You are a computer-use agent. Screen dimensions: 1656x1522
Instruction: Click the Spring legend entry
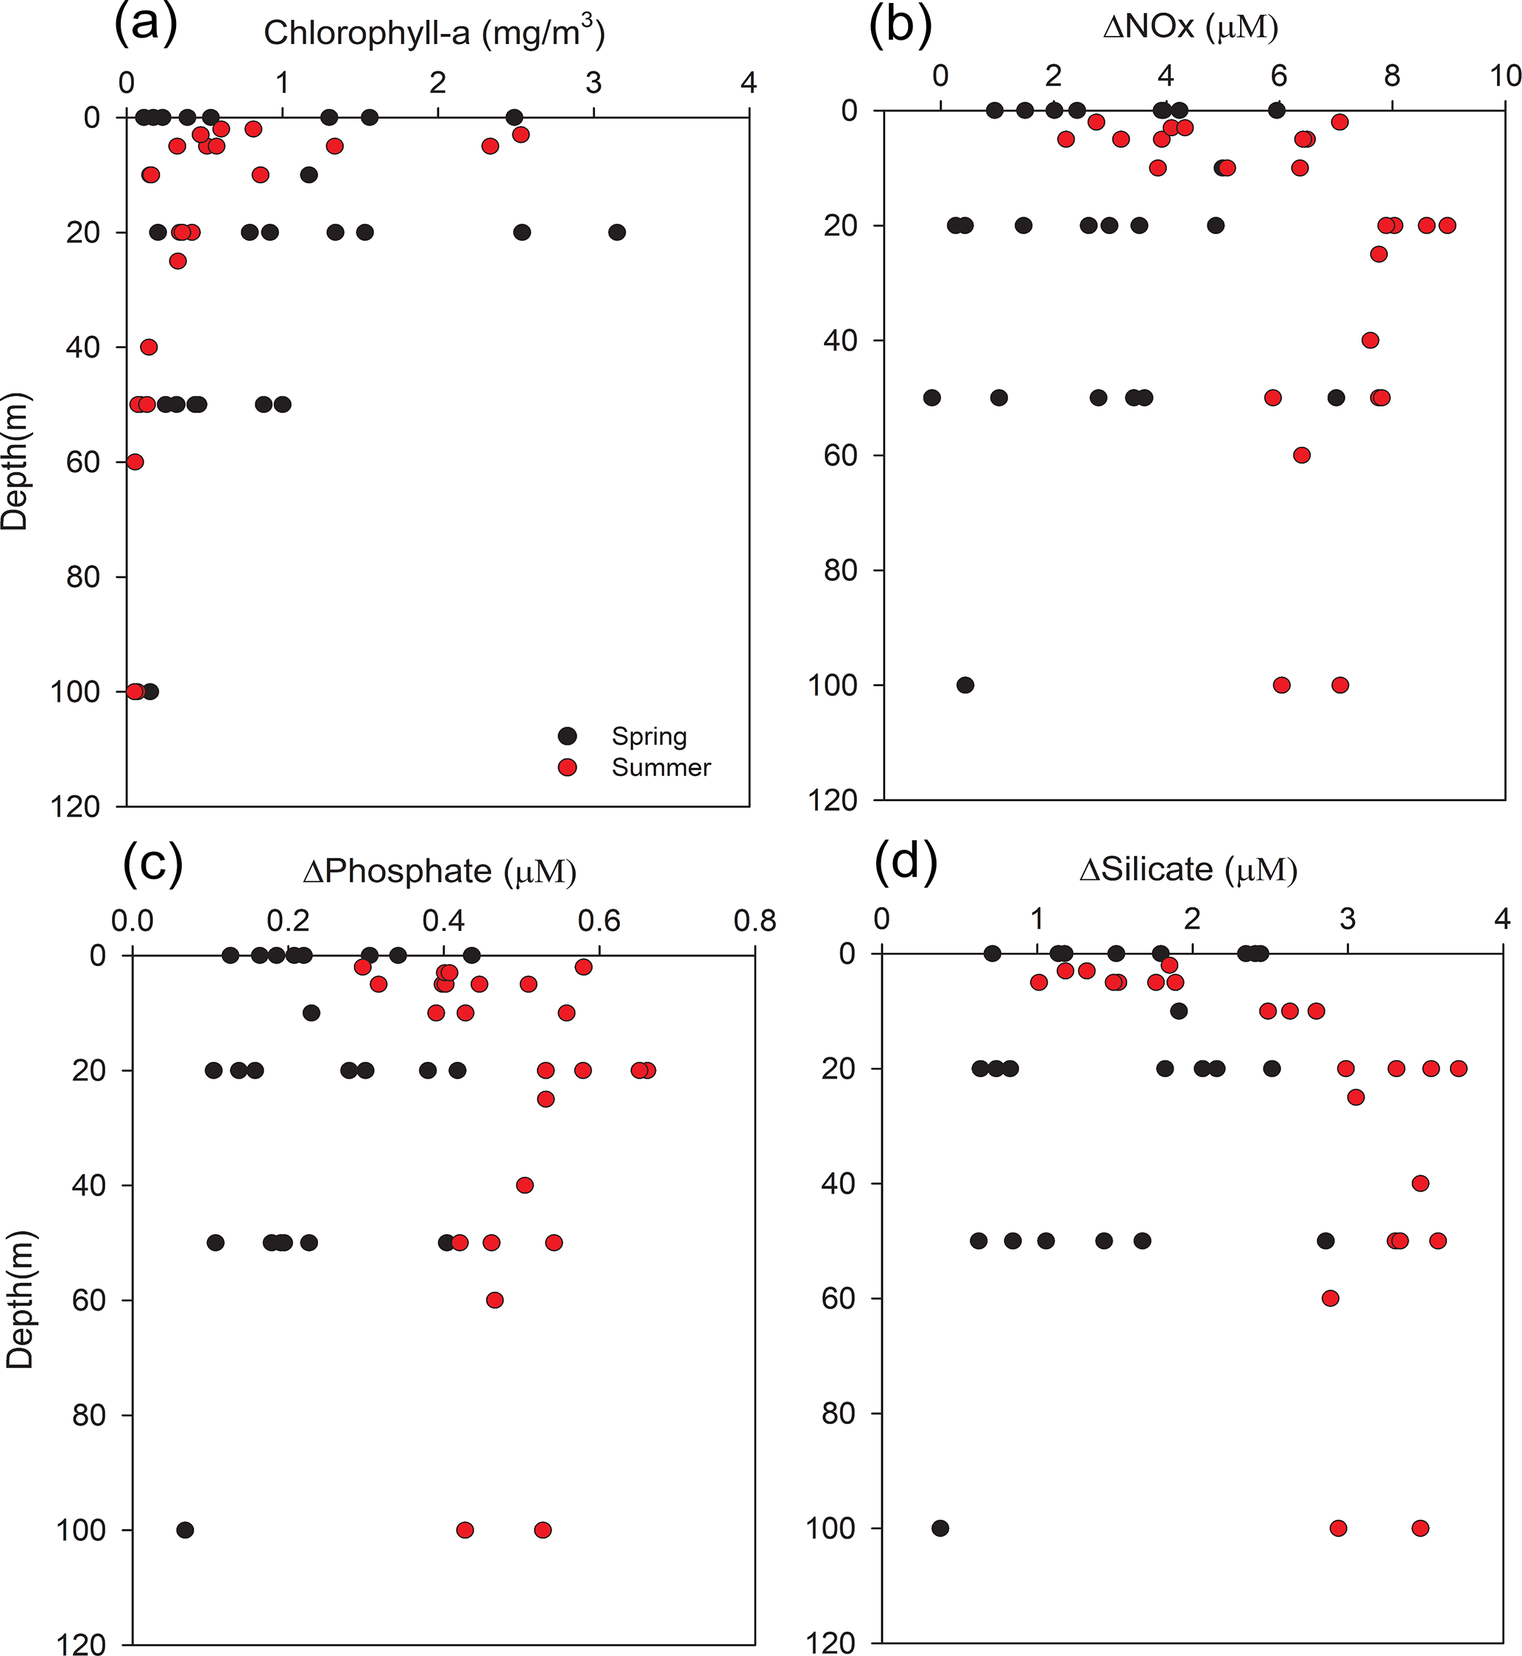coord(648,736)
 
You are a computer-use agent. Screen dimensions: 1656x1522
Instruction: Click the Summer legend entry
coord(660,767)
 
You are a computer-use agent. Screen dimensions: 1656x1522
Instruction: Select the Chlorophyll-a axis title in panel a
coord(434,32)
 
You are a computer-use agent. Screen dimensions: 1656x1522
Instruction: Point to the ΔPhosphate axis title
coord(439,871)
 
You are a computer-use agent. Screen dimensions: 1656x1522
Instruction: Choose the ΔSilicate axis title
coord(1188,870)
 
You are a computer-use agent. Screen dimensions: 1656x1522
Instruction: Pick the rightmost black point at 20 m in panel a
coord(617,232)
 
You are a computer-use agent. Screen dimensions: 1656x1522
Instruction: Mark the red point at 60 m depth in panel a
coord(135,462)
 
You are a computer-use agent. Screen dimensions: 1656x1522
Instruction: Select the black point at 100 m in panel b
coord(965,685)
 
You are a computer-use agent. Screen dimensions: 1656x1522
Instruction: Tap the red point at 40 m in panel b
coord(1370,340)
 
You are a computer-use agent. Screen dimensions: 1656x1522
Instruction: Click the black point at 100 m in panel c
coord(186,1530)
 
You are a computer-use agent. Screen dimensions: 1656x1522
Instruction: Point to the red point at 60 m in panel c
coord(495,1300)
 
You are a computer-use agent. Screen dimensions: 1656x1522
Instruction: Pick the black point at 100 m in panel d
coord(940,1529)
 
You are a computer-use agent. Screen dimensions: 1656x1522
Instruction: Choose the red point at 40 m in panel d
coord(1420,1183)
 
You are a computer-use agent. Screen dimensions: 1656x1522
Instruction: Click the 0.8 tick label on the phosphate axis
coord(755,920)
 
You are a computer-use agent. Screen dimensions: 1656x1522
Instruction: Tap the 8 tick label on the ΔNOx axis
coord(1392,76)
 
